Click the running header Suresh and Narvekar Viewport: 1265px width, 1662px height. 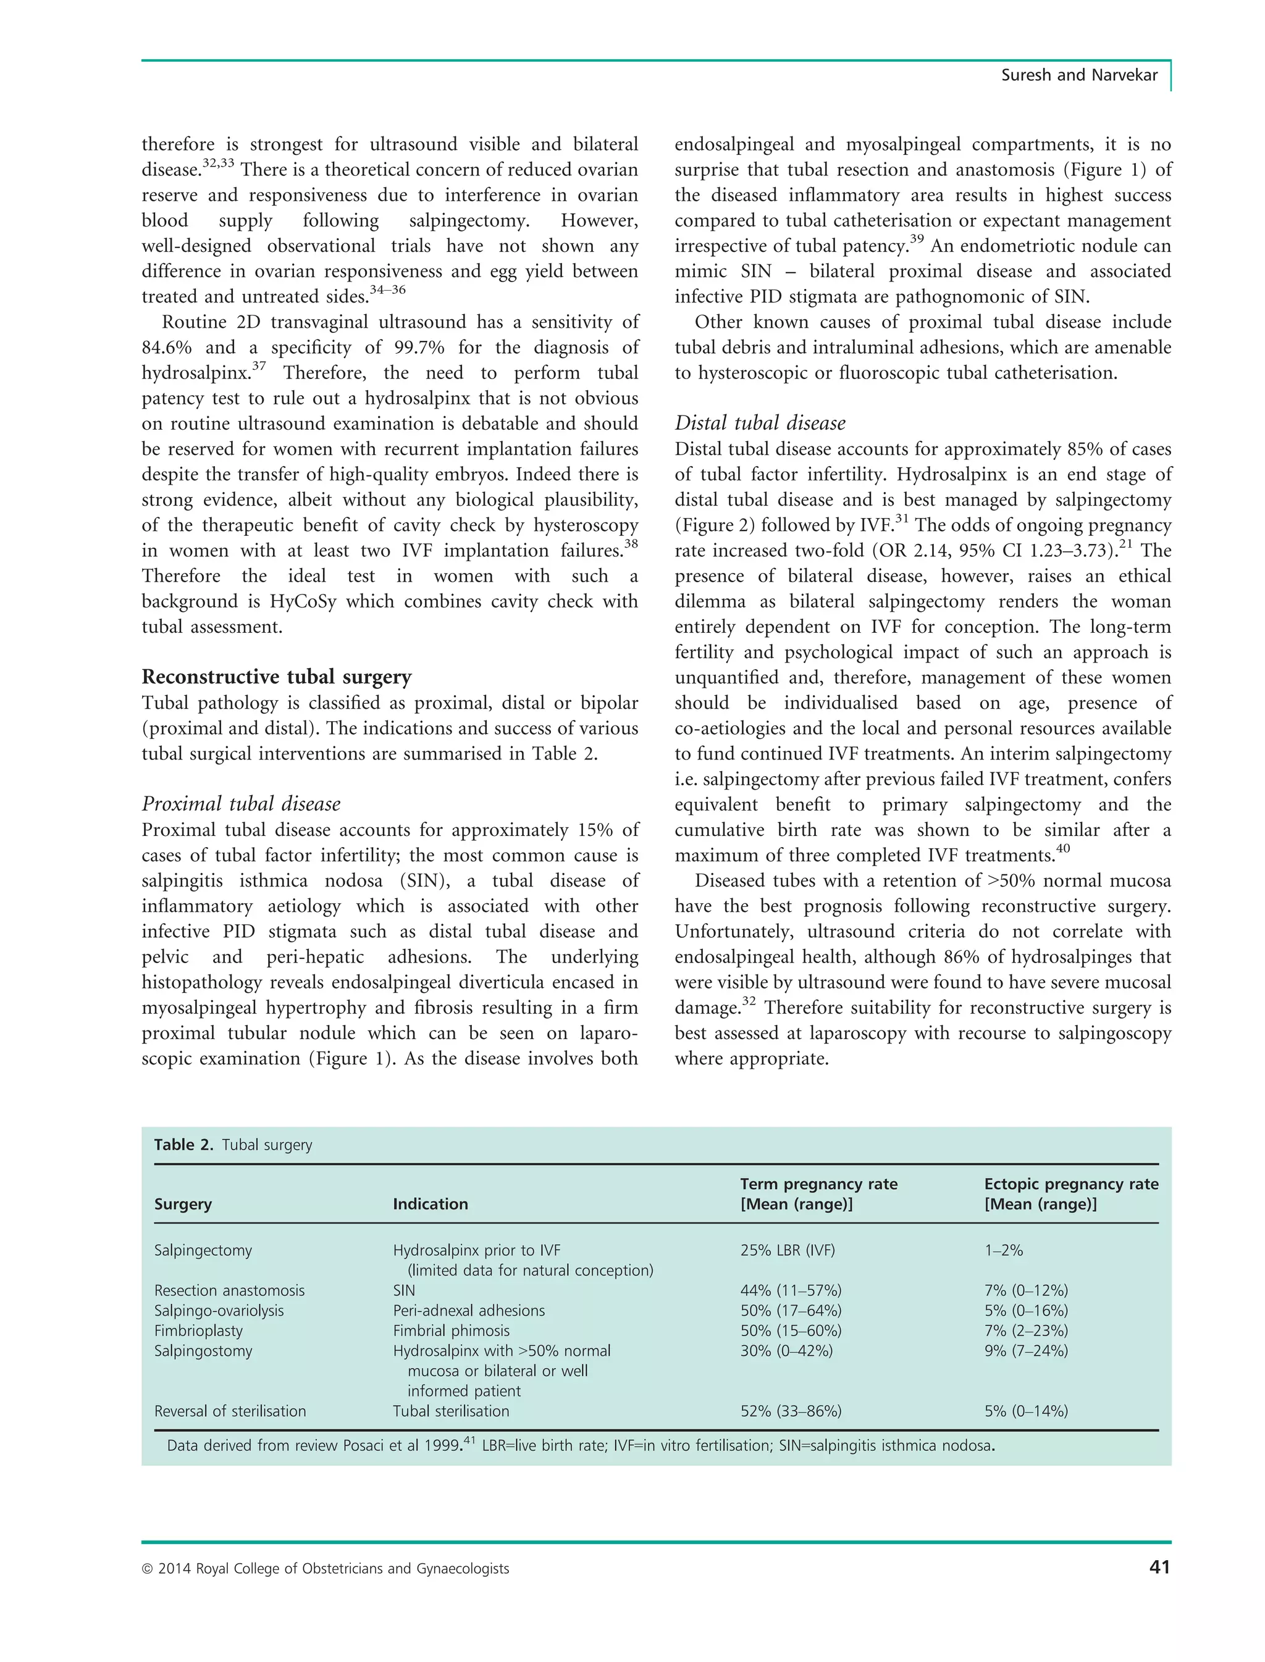pyautogui.click(x=1078, y=75)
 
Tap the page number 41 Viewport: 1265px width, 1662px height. pyautogui.click(x=1159, y=1567)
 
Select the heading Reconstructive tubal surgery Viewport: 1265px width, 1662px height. pyautogui.click(x=276, y=677)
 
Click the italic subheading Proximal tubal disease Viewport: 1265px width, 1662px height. pyautogui.click(x=241, y=804)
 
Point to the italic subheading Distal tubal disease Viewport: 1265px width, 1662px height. pyautogui.click(x=760, y=423)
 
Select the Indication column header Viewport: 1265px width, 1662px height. pyautogui.click(x=430, y=1204)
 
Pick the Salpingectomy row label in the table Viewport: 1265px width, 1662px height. pyautogui.click(x=203, y=1250)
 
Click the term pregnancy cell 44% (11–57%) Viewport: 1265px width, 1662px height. pyautogui.click(x=791, y=1290)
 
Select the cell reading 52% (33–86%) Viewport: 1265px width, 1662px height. pyautogui.click(x=791, y=1411)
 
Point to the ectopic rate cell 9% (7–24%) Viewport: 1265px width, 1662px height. pyautogui.click(x=1025, y=1351)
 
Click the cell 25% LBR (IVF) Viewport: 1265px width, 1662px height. pyautogui.click(x=787, y=1250)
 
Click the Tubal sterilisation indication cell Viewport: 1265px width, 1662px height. pyautogui.click(x=450, y=1411)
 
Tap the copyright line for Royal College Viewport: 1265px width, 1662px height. pyautogui.click(x=326, y=1569)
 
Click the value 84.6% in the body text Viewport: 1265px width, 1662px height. pyautogui.click(x=166, y=348)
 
